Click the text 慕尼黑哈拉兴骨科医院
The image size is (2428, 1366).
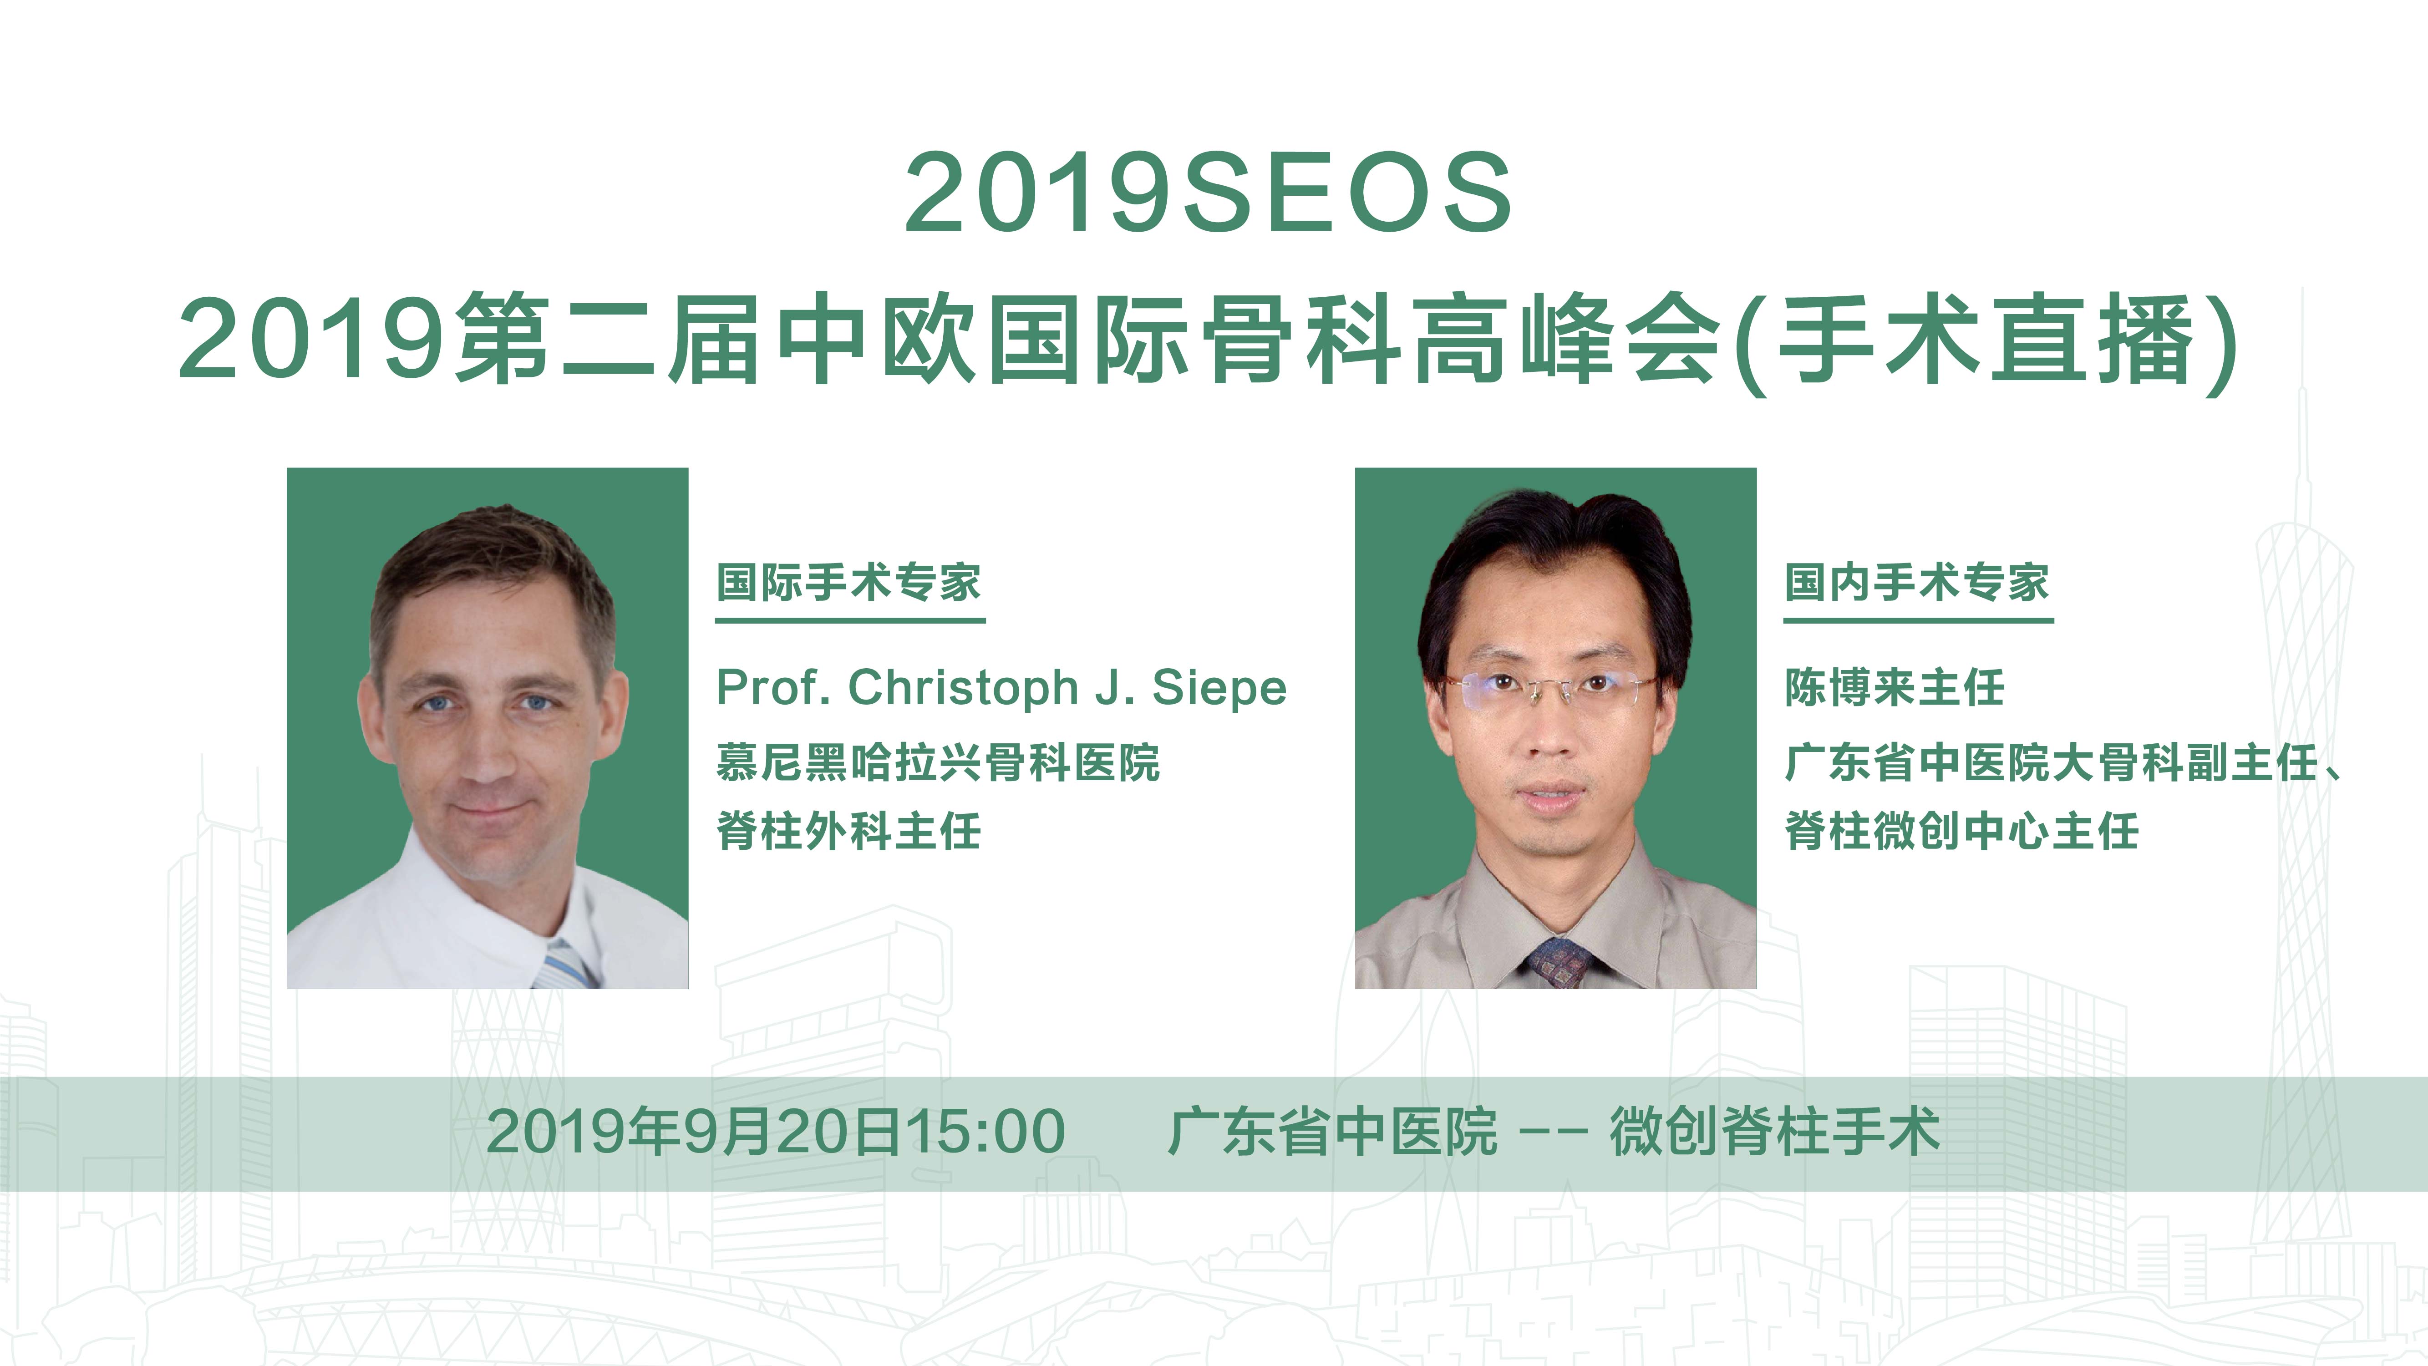tap(938, 762)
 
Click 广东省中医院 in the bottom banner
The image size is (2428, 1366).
tap(1332, 1132)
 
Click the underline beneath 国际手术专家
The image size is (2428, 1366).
tap(850, 620)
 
